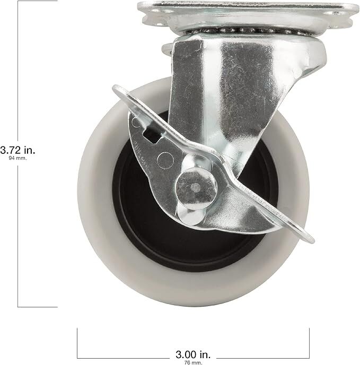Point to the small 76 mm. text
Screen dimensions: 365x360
tap(193, 361)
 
